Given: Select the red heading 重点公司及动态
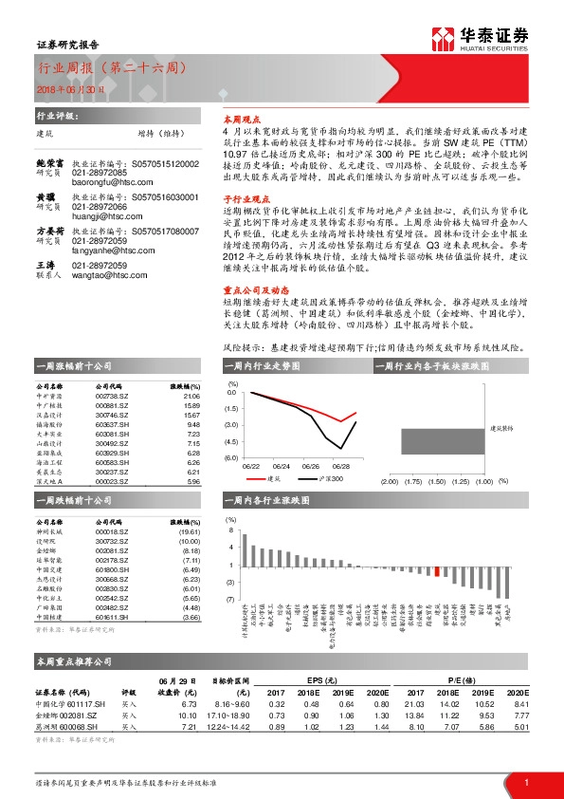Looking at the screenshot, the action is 249,292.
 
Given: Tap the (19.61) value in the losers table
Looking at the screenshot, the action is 190,533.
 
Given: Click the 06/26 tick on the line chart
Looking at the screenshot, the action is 315,466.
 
